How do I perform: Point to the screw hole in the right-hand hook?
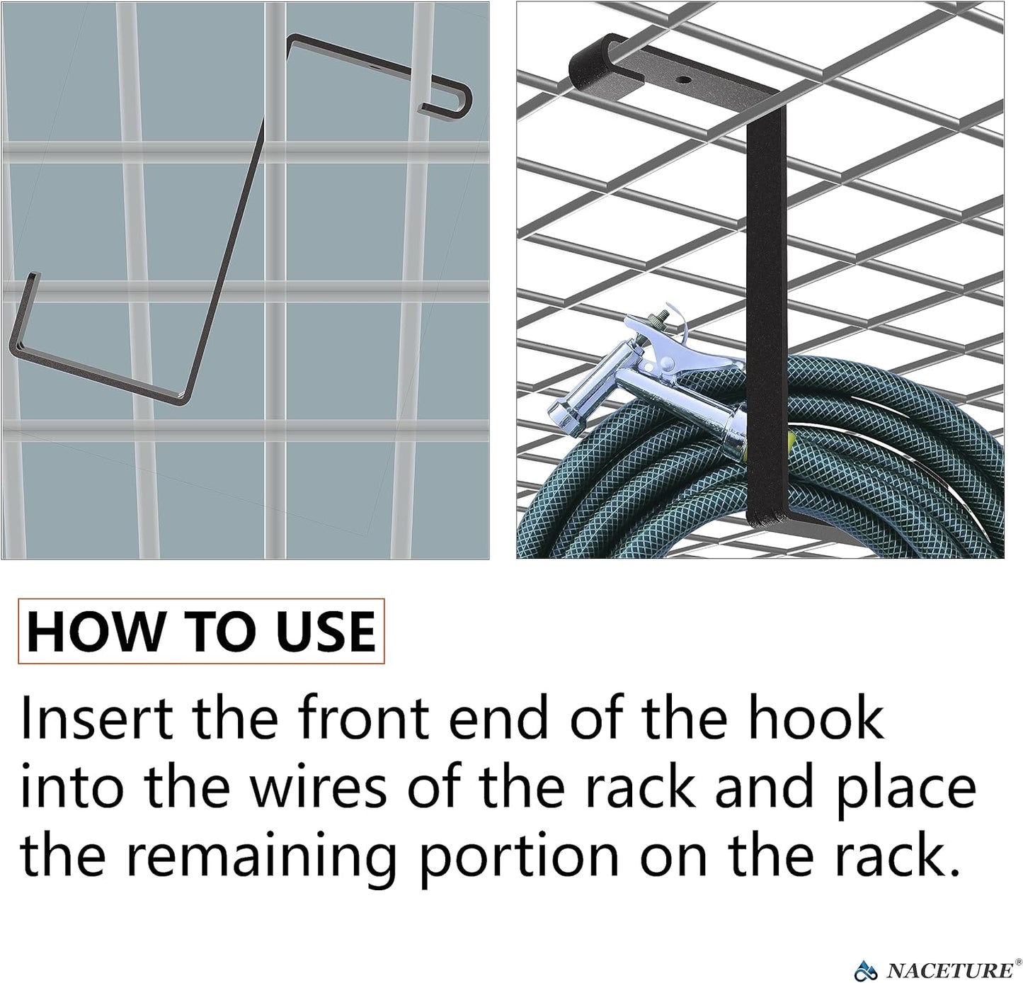(x=683, y=79)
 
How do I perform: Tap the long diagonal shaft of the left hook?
(x=224, y=258)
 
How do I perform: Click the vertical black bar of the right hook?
(x=767, y=316)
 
